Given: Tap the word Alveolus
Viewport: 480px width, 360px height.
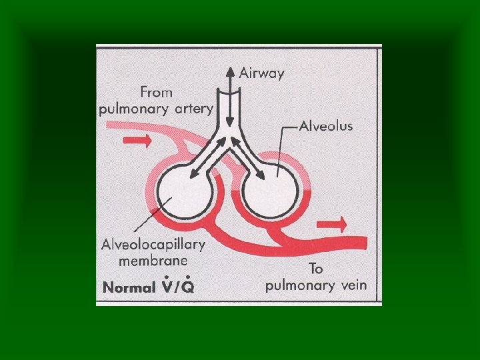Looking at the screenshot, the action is (325, 125).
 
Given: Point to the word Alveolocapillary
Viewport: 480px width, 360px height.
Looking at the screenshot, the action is (153, 245).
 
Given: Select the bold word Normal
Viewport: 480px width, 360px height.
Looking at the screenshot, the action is (128, 288).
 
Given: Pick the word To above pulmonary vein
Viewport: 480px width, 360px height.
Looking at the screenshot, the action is (316, 269).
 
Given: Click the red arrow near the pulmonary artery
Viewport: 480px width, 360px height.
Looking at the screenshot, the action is (137, 141).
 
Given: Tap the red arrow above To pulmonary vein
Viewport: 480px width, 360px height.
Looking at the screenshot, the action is (333, 223).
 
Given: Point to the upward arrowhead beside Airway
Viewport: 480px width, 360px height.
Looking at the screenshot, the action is (230, 71).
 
